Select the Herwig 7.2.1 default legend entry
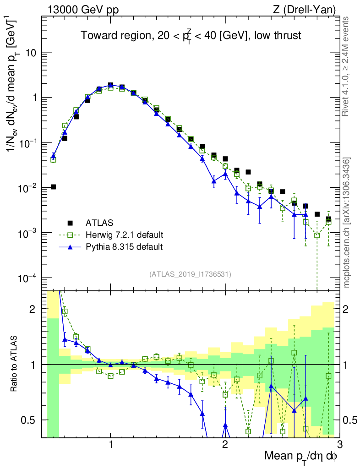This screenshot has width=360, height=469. click(x=124, y=235)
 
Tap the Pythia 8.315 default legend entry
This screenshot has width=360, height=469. click(x=124, y=247)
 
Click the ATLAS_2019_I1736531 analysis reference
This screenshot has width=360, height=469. click(x=190, y=274)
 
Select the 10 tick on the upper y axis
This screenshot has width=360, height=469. click(x=31, y=53)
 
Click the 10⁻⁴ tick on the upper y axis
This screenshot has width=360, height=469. click(x=27, y=278)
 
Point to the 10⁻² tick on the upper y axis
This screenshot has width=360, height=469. click(x=27, y=188)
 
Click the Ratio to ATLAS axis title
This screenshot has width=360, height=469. click(x=14, y=364)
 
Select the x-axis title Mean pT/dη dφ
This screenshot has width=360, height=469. click(x=301, y=457)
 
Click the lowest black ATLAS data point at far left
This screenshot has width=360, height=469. click(x=53, y=187)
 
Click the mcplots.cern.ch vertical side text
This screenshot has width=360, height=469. click(x=347, y=222)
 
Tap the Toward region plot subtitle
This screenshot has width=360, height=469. click(x=191, y=36)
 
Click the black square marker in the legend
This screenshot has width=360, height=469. click(x=71, y=223)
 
